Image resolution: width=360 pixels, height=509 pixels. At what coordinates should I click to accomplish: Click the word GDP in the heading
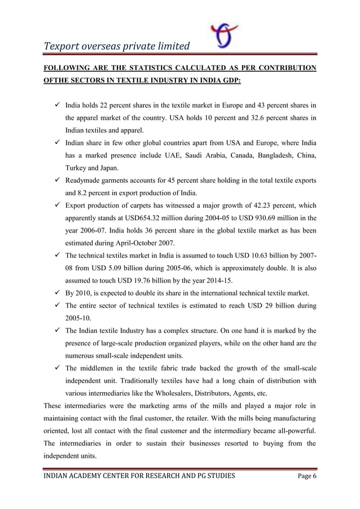229,81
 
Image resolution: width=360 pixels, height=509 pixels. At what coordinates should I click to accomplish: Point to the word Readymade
85,181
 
